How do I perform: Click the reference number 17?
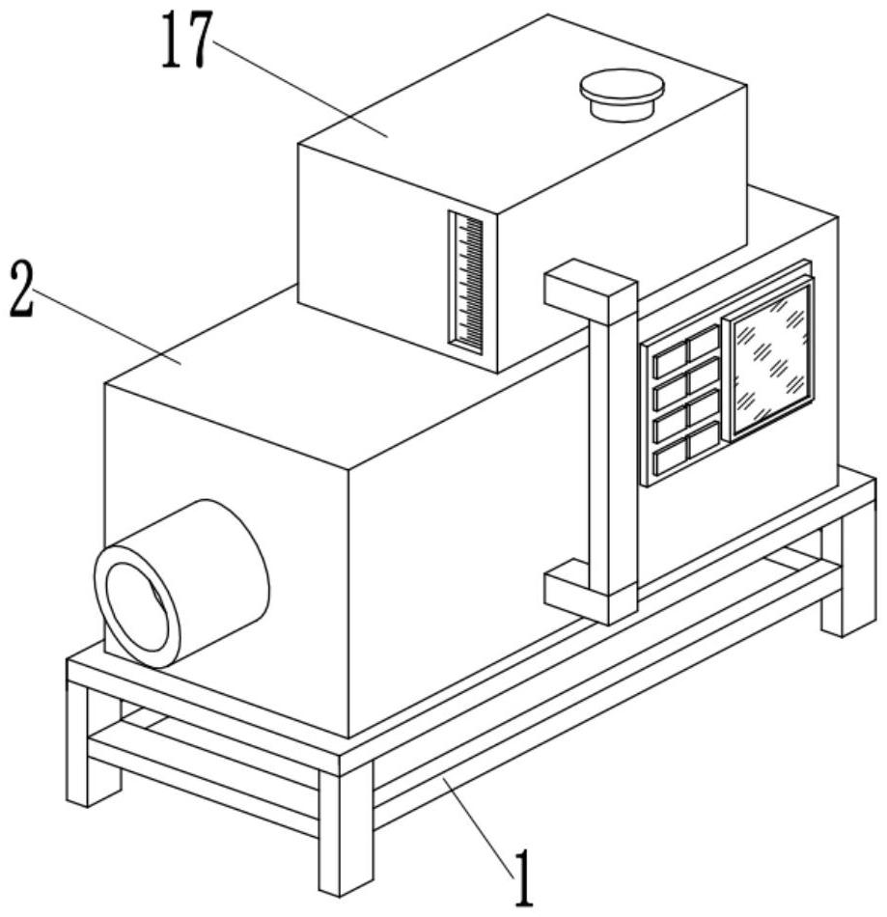pos(184,40)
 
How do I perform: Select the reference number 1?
pos(523,877)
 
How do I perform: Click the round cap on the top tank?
pos(623,95)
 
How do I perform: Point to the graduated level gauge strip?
pos(466,283)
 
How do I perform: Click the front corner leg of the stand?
pos(346,825)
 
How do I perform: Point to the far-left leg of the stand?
pos(88,745)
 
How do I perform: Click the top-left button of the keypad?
pos(671,363)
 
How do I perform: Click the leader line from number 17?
pos(299,88)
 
